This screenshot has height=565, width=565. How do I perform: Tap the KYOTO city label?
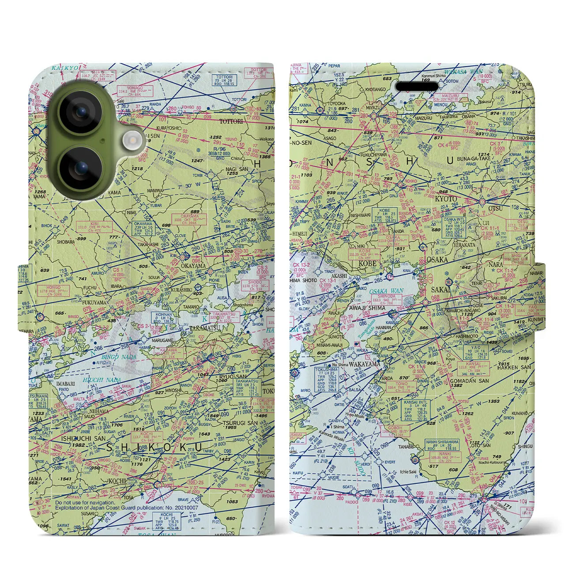(446, 199)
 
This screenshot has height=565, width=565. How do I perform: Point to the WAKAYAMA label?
(364, 365)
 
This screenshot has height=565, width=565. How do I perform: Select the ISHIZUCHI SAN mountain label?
(83, 438)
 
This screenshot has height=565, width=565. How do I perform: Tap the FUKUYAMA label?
(94, 302)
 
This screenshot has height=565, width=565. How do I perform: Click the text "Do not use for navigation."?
(85, 502)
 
